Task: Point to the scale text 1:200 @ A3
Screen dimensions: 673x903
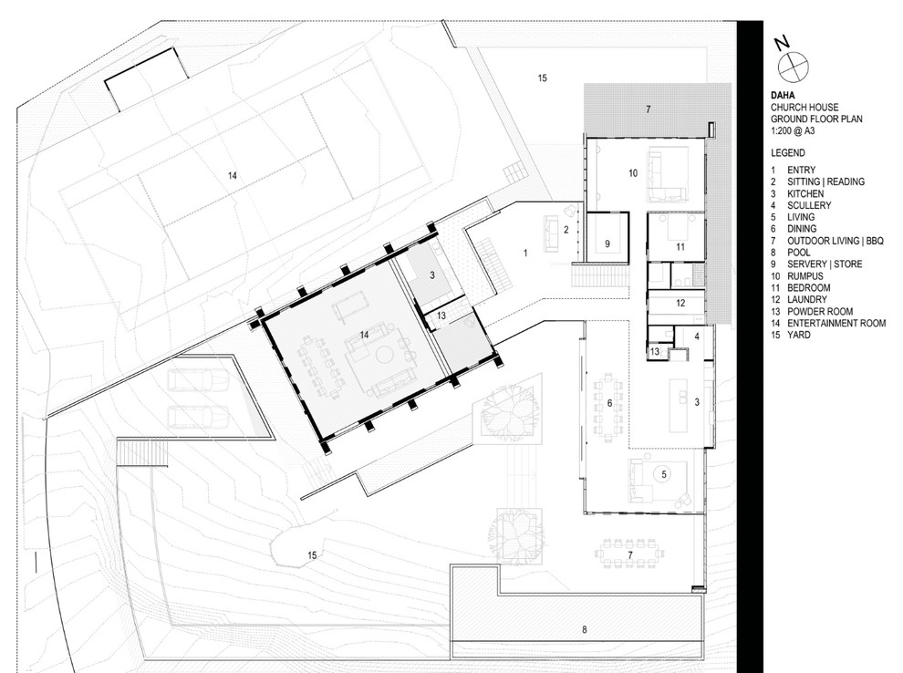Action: tap(793, 129)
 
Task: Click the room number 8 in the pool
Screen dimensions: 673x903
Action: tap(584, 630)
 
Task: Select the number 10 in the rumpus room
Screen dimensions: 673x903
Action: tap(632, 172)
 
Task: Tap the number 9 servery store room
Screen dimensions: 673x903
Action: tap(606, 243)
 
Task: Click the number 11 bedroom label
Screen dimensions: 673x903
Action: tap(680, 246)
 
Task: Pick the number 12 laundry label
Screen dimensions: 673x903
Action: tap(680, 303)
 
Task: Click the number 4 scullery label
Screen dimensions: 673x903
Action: tap(696, 336)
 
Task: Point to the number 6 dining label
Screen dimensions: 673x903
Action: tap(609, 402)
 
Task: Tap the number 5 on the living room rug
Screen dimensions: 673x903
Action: tap(664, 474)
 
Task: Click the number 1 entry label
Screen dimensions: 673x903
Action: tap(525, 252)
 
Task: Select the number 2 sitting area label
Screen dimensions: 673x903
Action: tap(566, 231)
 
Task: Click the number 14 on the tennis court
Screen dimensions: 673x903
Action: tap(233, 174)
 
